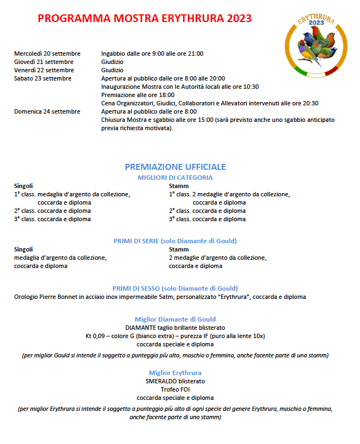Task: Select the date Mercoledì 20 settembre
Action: [x=47, y=54]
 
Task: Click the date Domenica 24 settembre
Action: [x=48, y=111]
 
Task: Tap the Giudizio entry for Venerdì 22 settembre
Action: [x=112, y=70]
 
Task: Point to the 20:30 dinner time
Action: [x=310, y=103]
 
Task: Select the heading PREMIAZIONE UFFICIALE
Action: [x=175, y=167]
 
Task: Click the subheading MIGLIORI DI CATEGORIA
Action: [x=175, y=178]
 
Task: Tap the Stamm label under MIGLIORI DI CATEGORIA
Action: [x=178, y=186]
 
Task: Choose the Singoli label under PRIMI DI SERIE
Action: [x=24, y=249]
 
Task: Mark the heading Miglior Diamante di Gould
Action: [x=175, y=319]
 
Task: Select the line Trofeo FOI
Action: [x=175, y=389]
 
